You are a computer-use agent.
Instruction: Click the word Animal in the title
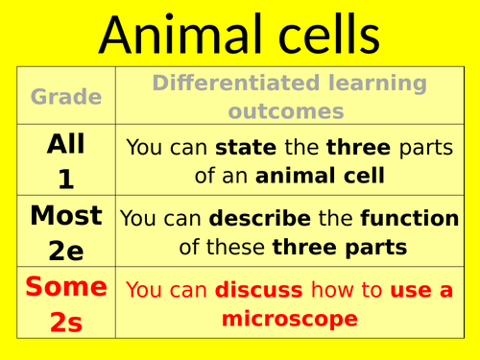[180, 34]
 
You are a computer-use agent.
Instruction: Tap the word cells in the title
[329, 34]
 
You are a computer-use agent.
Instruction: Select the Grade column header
[66, 97]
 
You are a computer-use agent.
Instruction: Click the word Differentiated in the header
[236, 83]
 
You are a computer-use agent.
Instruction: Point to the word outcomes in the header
[286, 111]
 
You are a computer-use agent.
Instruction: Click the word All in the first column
[66, 144]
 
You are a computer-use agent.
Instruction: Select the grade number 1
[66, 180]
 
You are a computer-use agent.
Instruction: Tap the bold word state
[246, 147]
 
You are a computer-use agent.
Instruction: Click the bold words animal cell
[320, 176]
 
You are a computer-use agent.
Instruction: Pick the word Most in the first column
[66, 215]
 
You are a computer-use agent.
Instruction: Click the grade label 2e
[66, 251]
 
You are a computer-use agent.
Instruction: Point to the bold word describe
[260, 218]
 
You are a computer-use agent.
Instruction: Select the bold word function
[410, 218]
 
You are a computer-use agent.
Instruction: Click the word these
[235, 247]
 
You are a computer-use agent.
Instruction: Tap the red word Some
[66, 286]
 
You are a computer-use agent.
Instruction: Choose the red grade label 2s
[66, 322]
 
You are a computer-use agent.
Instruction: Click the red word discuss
[259, 290]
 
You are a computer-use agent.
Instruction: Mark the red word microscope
[290, 319]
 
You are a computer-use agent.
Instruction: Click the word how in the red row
[332, 290]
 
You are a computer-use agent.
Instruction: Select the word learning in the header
[377, 84]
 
